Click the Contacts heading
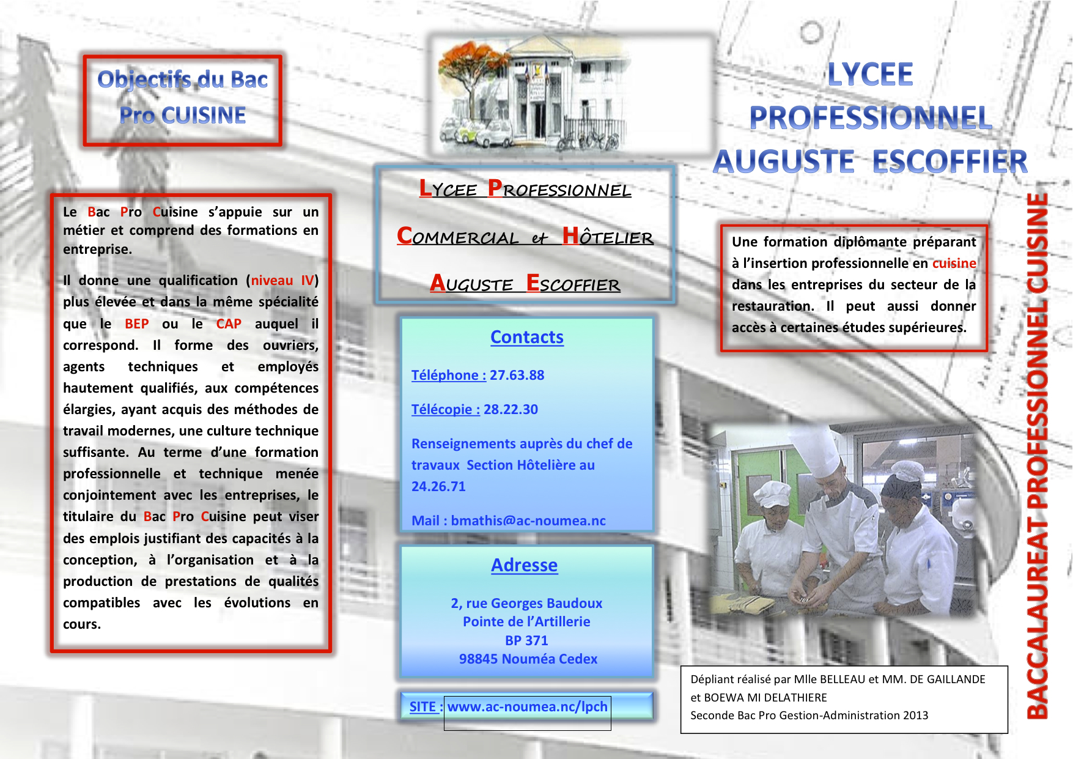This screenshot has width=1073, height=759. click(527, 337)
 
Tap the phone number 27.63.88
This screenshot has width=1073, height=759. click(517, 375)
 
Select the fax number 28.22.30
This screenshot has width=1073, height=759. click(511, 409)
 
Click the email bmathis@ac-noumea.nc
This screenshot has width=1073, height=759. click(528, 520)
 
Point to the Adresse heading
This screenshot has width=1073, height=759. click(525, 565)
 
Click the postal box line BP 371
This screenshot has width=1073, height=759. click(526, 640)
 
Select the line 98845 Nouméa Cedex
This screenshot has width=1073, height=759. click(528, 659)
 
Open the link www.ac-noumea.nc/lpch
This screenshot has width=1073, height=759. click(528, 706)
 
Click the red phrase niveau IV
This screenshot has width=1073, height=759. click(282, 280)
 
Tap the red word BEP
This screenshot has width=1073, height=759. click(137, 324)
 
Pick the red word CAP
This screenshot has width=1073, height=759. click(229, 324)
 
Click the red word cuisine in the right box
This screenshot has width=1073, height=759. click(954, 263)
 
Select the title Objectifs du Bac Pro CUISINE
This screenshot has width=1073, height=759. click(183, 97)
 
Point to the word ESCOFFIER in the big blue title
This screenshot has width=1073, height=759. click(950, 161)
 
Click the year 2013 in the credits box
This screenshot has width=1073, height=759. click(915, 715)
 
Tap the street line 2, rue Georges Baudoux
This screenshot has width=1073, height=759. click(526, 603)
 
